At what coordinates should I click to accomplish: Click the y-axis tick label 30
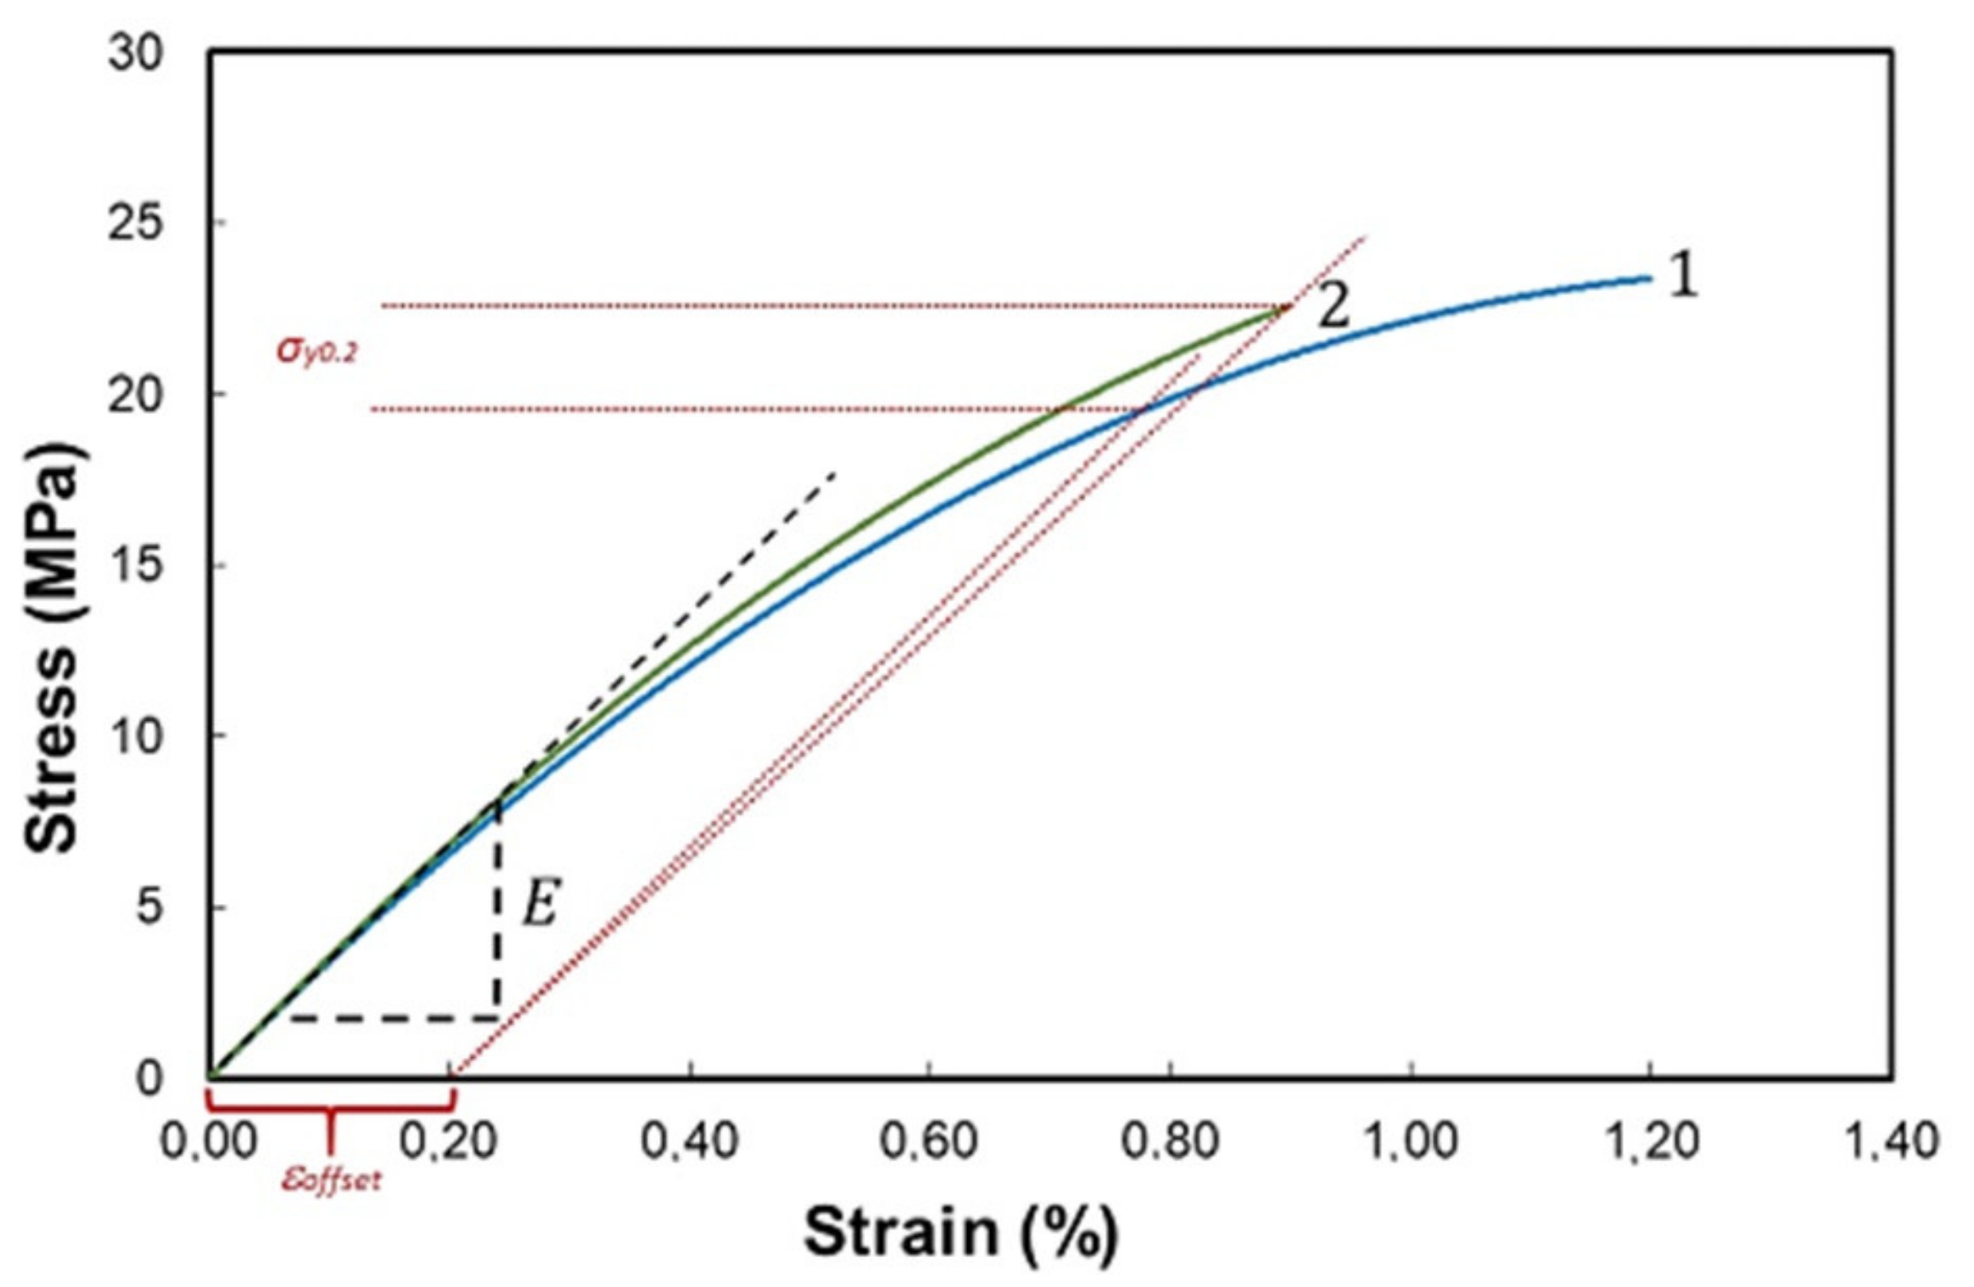coord(137,56)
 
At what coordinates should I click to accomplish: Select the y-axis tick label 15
coord(137,567)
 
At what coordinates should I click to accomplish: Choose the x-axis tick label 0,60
coord(928,1142)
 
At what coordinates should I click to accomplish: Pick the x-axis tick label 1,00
coord(1409,1142)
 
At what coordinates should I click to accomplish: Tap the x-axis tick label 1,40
coord(1890,1142)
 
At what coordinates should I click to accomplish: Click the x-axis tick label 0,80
coord(1169,1142)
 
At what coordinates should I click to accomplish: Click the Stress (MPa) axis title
coord(53,647)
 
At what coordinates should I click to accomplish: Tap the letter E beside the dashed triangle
coord(541,905)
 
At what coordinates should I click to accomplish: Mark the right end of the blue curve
coord(1649,279)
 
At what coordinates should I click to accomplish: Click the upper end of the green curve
coord(1288,308)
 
